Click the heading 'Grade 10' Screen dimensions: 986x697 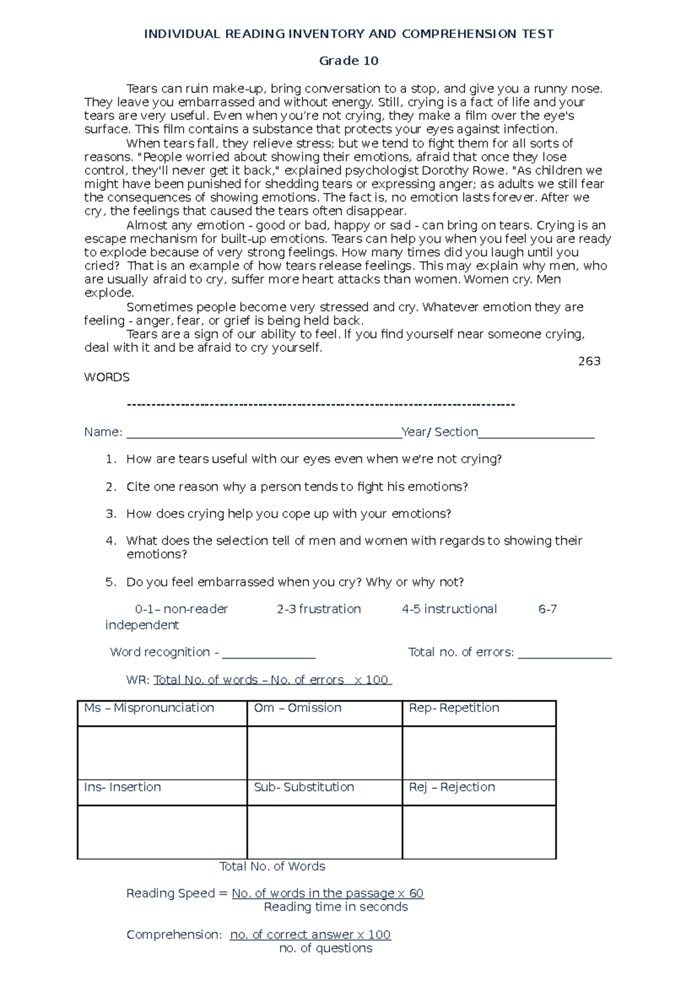pyautogui.click(x=348, y=61)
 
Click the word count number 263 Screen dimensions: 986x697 pyautogui.click(x=589, y=361)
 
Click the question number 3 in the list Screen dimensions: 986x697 pyautogui.click(x=111, y=514)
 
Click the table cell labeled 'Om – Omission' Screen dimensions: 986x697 pyautogui.click(x=324, y=713)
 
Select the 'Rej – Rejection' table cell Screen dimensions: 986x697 pyautogui.click(x=479, y=792)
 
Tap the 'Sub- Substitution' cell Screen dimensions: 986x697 pyautogui.click(x=324, y=792)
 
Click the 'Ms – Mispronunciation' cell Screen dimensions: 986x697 pyautogui.click(x=162, y=713)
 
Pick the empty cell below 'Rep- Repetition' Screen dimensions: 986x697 pyautogui.click(x=479, y=753)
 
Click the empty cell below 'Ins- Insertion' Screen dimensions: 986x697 pyautogui.click(x=162, y=832)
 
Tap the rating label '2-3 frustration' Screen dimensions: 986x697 pyautogui.click(x=318, y=609)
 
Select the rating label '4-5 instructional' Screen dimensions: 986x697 pyautogui.click(x=449, y=609)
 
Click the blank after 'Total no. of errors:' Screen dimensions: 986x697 pyautogui.click(x=565, y=654)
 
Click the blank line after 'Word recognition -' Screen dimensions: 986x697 pyautogui.click(x=268, y=654)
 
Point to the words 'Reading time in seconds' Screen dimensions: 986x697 pyautogui.click(x=336, y=907)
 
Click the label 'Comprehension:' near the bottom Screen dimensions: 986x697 pyautogui.click(x=174, y=935)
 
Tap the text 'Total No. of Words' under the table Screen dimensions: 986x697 pyautogui.click(x=272, y=866)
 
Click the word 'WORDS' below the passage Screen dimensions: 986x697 pyautogui.click(x=107, y=377)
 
